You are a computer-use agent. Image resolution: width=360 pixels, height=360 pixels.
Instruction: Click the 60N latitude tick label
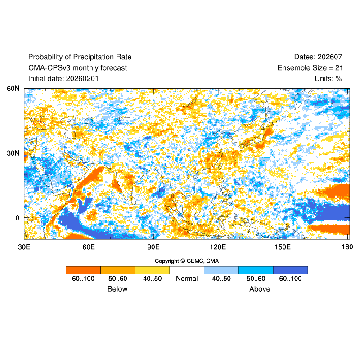coord(13,89)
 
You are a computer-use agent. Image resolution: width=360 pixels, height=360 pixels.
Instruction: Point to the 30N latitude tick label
coord(13,153)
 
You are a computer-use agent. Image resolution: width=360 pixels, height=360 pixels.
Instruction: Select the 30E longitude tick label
coord(24,247)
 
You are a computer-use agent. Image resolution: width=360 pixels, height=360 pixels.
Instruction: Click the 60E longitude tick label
coord(89,247)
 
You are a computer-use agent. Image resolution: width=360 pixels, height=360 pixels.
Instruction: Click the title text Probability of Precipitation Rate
coord(80,57)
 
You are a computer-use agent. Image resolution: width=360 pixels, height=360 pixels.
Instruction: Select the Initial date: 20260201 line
coord(63,79)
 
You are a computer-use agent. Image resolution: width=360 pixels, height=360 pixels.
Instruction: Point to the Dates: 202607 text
coord(318,57)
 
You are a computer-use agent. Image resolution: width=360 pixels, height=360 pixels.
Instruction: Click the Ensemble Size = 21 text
coord(310,68)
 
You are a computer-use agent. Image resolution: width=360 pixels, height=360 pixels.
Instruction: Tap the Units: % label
coord(328,79)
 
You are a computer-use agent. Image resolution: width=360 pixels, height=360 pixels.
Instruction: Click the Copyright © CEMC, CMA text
coord(187,261)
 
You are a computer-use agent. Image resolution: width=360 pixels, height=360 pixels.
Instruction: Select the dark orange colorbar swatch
coord(83,270)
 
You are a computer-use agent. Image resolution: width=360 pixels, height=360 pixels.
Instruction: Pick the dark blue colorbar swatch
coord(290,270)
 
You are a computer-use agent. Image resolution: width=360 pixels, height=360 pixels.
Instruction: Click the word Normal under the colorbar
coord(187,279)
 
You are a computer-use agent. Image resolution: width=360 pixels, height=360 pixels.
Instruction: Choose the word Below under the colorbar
coord(117,289)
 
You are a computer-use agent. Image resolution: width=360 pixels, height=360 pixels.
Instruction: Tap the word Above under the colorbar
coord(260,289)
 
